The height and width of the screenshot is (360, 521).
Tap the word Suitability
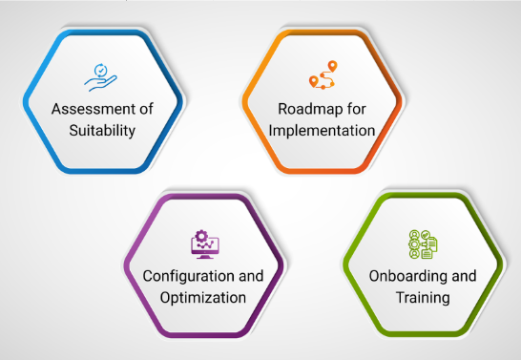(102, 130)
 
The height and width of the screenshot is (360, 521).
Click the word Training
(423, 298)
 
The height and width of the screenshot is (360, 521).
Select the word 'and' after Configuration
(251, 275)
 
